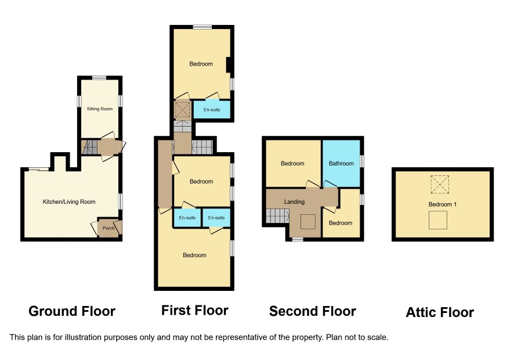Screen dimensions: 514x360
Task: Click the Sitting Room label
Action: (x=100, y=109)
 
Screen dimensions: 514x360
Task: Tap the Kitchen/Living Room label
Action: (x=69, y=202)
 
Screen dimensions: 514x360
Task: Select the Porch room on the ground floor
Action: (x=108, y=228)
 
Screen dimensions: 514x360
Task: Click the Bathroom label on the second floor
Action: (x=341, y=163)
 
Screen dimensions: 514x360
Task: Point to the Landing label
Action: (x=294, y=202)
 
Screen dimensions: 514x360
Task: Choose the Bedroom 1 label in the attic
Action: (x=443, y=204)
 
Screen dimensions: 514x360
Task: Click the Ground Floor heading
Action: (x=72, y=311)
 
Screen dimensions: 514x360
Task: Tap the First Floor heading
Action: (x=195, y=310)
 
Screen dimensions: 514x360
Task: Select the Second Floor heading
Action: (x=312, y=311)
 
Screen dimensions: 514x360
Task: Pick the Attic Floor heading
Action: (x=440, y=312)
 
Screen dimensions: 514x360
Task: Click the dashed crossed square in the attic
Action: (x=440, y=185)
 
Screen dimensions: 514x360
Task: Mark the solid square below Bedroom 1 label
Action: (x=438, y=220)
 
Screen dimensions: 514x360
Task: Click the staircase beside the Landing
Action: (x=277, y=216)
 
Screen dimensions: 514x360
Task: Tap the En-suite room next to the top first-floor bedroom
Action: (x=212, y=109)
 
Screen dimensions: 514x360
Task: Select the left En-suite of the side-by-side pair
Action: (x=187, y=218)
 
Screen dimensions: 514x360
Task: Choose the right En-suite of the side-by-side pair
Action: (x=216, y=218)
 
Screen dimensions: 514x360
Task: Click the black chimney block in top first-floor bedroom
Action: (x=230, y=64)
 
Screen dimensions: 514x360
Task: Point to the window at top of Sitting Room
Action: (x=99, y=78)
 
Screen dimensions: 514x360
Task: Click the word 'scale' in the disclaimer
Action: (x=379, y=337)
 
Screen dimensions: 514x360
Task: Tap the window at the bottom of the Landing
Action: (x=298, y=240)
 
